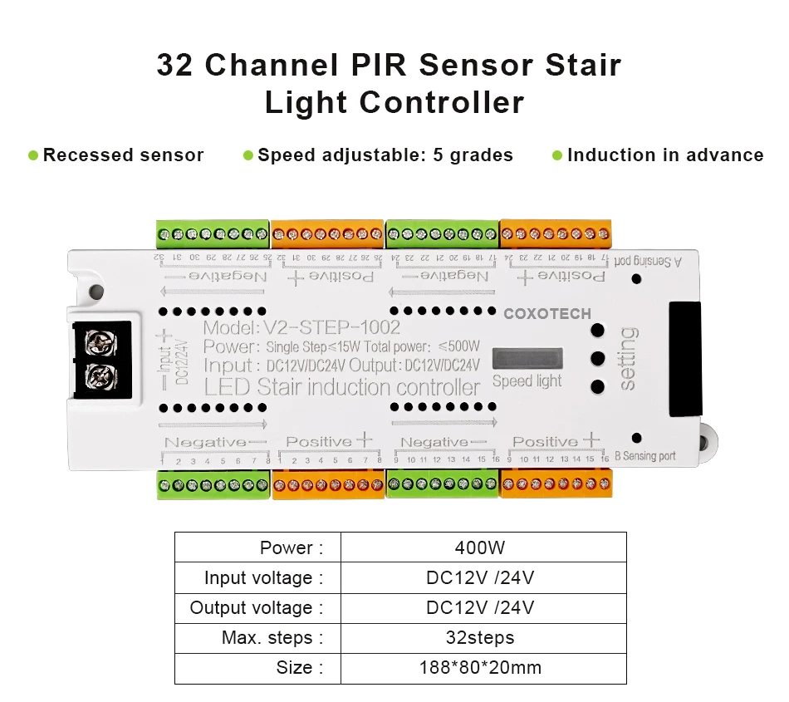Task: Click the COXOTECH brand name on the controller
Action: point(547,314)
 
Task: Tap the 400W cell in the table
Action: point(483,547)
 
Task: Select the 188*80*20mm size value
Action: point(483,667)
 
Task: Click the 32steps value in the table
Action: point(483,637)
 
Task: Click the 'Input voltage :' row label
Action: point(258,577)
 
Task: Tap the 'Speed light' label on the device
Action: point(527,380)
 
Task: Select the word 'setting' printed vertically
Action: point(629,359)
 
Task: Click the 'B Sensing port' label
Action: point(644,456)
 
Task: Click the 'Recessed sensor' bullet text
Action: point(123,155)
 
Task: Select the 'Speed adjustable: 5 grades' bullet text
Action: point(385,155)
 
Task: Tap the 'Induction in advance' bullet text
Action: point(664,155)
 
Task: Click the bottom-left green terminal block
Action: point(214,484)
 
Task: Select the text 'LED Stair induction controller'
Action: point(342,387)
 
